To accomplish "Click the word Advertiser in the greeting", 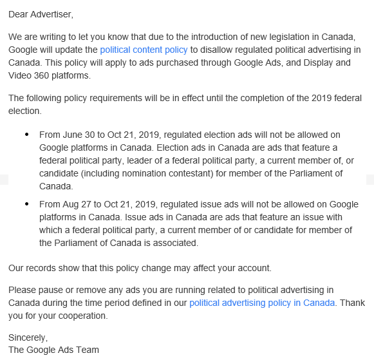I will (53, 13).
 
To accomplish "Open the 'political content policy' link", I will (144, 50).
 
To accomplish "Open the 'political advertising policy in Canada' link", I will (262, 303).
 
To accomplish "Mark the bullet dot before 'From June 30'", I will (26, 135).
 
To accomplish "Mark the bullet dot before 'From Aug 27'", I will (26, 205).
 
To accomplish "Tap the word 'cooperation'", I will (79, 316).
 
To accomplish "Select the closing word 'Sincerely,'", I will (28, 337).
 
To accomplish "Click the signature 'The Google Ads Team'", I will (54, 350).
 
